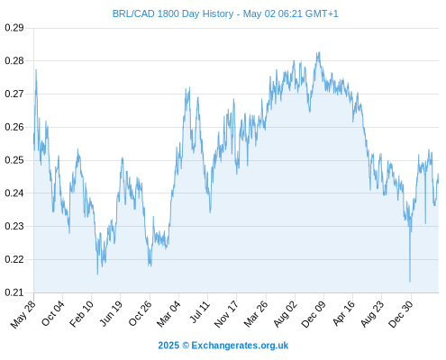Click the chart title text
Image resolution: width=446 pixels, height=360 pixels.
click(225, 13)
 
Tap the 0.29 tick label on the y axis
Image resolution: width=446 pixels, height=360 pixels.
click(14, 28)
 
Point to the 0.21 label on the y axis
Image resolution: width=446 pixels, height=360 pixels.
click(14, 292)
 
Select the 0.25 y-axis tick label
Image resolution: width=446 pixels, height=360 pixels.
click(14, 160)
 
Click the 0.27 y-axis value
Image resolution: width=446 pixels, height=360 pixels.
click(14, 94)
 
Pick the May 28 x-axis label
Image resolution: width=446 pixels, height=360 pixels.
click(23, 314)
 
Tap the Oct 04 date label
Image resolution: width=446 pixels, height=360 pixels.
click(53, 313)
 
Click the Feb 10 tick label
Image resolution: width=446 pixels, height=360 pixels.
click(81, 314)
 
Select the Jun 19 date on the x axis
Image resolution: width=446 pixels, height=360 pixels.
click(111, 313)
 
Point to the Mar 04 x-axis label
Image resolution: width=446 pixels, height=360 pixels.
click(168, 314)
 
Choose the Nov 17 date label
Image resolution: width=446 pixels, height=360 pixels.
click(226, 314)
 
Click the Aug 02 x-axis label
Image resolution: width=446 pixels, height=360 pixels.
click(285, 314)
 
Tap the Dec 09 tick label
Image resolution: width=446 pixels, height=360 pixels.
click(314, 314)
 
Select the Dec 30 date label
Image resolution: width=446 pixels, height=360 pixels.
click(400, 314)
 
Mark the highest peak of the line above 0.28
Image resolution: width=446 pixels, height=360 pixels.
click(319, 52)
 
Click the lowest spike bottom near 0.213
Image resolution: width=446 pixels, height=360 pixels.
click(410, 282)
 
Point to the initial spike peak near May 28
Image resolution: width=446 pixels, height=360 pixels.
click(36, 70)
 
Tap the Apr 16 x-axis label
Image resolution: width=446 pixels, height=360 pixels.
click(343, 313)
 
